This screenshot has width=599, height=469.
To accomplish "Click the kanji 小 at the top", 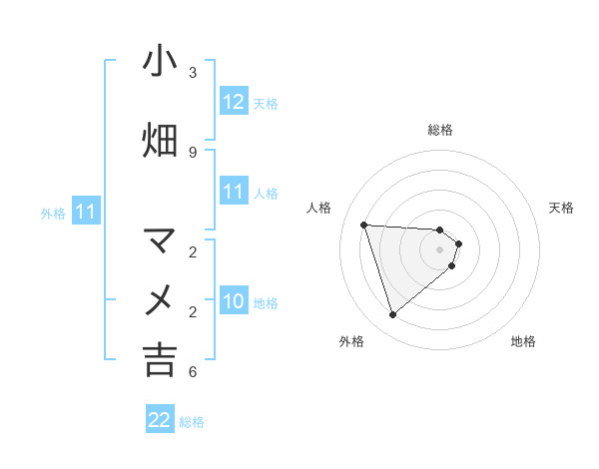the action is [160, 62].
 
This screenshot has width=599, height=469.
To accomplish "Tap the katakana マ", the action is [160, 240].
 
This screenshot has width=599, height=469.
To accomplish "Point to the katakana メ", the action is [160, 299].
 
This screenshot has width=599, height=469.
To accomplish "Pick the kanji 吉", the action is [160, 359].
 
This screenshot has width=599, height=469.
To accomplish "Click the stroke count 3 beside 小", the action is [192, 73].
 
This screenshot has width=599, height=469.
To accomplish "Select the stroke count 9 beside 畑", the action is [192, 152].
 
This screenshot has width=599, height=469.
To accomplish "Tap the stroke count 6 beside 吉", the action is [192, 372].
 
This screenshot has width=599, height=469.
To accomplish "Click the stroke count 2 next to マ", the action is [192, 251].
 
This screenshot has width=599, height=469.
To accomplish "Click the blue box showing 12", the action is [233, 102].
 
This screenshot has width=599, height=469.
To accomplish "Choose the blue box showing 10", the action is [233, 302].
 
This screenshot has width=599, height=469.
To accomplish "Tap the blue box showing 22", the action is [160, 420].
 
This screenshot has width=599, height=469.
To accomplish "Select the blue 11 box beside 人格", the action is [233, 192].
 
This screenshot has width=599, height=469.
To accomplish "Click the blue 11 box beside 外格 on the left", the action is [86, 212].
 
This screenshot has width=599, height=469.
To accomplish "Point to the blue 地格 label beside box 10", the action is [266, 303].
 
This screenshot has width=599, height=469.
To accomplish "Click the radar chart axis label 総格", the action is [440, 130].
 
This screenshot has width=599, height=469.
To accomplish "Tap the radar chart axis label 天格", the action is [562, 208].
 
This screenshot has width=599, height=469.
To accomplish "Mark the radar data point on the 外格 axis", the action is [393, 315].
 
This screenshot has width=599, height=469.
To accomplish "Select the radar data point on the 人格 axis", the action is [364, 225].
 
